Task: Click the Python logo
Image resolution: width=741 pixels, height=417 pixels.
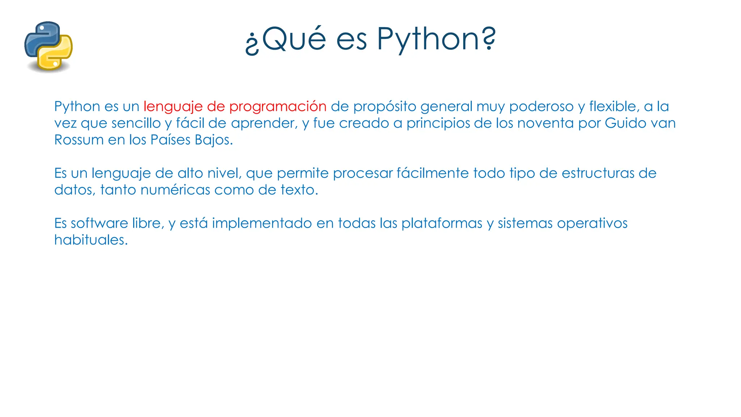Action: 48,46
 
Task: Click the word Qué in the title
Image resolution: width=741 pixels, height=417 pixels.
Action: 294,39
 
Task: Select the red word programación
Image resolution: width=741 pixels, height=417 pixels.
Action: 278,107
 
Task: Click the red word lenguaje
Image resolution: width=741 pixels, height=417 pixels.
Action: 173,107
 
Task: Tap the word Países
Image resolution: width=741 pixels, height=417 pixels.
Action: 170,140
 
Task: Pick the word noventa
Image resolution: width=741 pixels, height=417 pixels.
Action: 545,123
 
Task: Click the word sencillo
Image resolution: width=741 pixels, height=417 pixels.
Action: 136,123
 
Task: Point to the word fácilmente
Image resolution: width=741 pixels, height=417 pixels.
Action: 433,173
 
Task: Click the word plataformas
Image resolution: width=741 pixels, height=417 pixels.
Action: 442,223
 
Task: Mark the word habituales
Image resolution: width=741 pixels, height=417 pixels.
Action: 91,240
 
